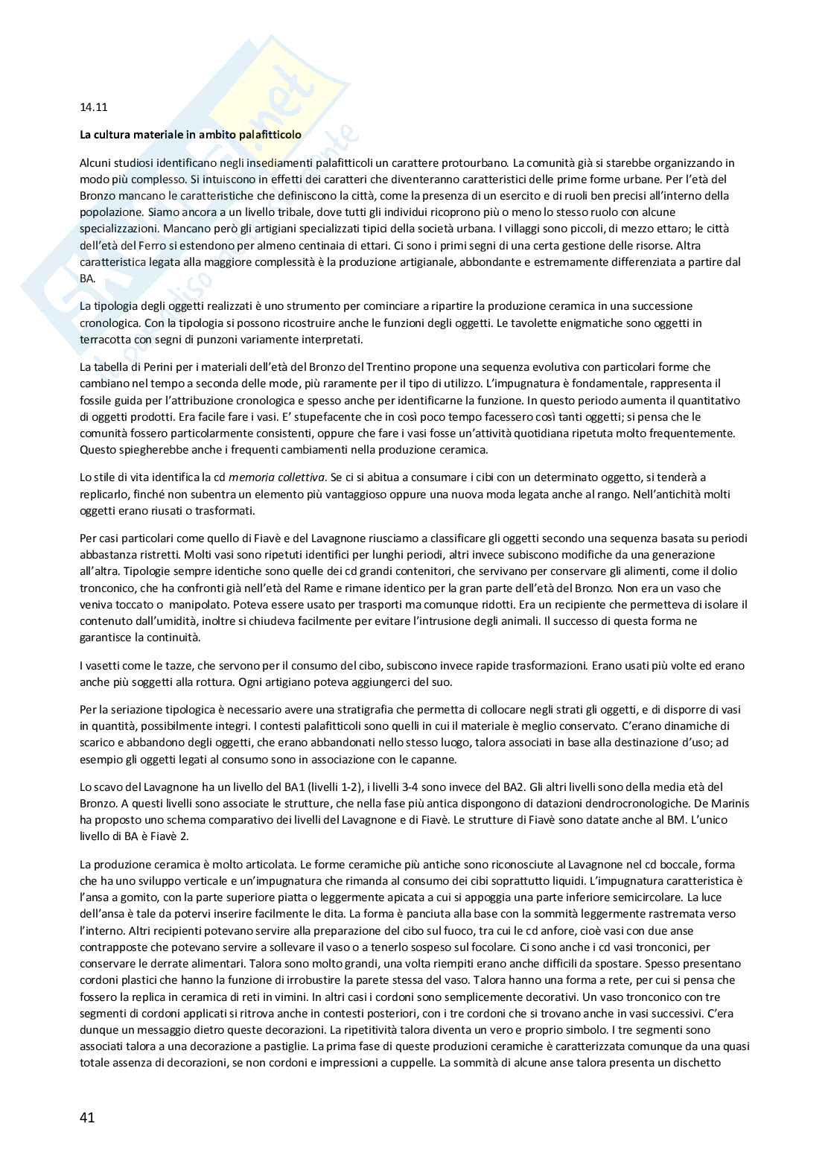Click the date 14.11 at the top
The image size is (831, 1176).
click(x=93, y=107)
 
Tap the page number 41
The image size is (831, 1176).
click(x=87, y=1117)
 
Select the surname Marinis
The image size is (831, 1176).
click(x=731, y=803)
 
